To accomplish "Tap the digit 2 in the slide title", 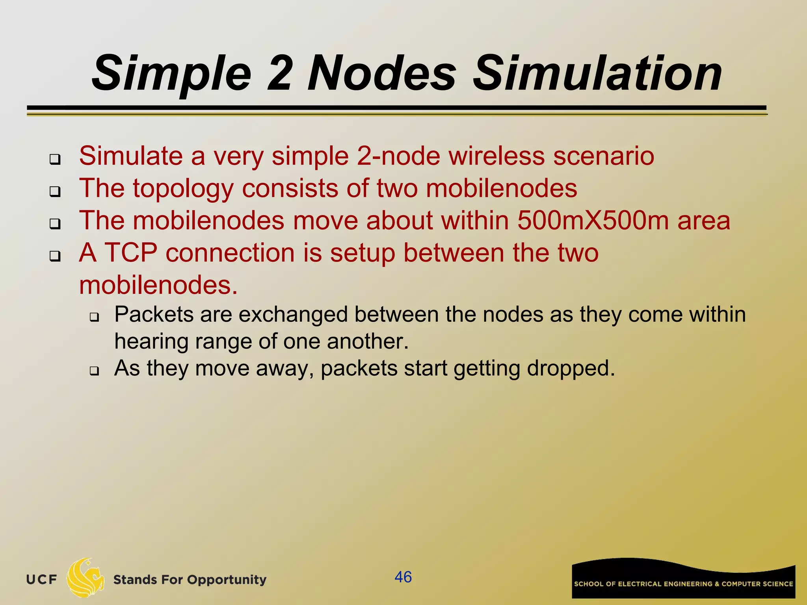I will coord(279,74).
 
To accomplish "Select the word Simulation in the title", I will coord(597,74).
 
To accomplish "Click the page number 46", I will coord(403,577).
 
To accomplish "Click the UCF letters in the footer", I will coord(42,579).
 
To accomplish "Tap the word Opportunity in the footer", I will coord(227,580).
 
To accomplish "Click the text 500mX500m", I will coord(593,221).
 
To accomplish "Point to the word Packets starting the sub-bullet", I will coord(154,315).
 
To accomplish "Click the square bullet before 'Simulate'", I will coord(55,160).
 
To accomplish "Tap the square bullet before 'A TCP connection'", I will coord(55,256).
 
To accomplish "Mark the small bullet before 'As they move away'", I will coord(94,371).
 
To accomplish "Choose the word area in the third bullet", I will coord(704,221).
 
